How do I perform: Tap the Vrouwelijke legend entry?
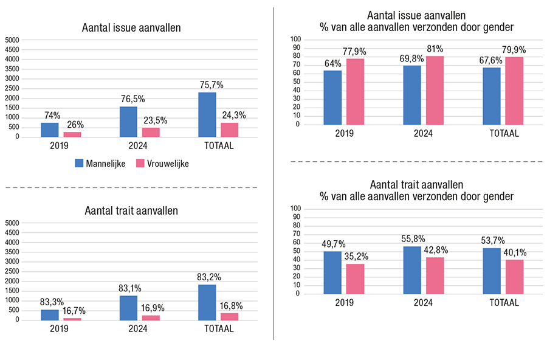coord(162,163)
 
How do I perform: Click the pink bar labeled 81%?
coord(435,90)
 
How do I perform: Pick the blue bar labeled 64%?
coord(332,97)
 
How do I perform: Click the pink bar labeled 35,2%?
coord(355,279)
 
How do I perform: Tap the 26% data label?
coord(75,125)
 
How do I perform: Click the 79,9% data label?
coord(514,50)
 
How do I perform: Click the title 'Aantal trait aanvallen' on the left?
coord(131,211)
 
